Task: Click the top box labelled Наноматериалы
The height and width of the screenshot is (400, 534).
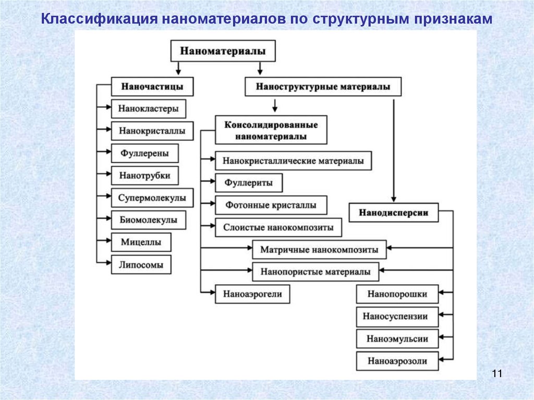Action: click(223, 51)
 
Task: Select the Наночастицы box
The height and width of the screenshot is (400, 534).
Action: click(152, 87)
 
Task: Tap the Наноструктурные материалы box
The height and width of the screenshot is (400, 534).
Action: click(323, 87)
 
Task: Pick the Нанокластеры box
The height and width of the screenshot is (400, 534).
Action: click(149, 109)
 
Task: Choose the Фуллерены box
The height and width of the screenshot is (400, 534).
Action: click(144, 153)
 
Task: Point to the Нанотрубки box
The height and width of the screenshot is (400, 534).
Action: click(144, 175)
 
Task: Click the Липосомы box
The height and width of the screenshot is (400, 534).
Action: click(141, 265)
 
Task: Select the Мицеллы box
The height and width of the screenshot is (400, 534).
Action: click(141, 242)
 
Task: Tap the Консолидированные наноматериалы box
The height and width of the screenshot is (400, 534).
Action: click(271, 130)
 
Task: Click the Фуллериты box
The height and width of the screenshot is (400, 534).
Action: click(249, 183)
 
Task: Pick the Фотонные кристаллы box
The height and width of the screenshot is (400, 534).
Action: click(271, 205)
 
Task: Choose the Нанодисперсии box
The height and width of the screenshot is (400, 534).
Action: click(394, 212)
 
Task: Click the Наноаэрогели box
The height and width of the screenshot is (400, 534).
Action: click(252, 294)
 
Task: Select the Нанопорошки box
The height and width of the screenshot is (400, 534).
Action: click(397, 294)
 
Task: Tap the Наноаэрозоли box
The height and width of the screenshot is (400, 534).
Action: click(397, 361)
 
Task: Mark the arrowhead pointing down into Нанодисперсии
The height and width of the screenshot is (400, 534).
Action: click(394, 199)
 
